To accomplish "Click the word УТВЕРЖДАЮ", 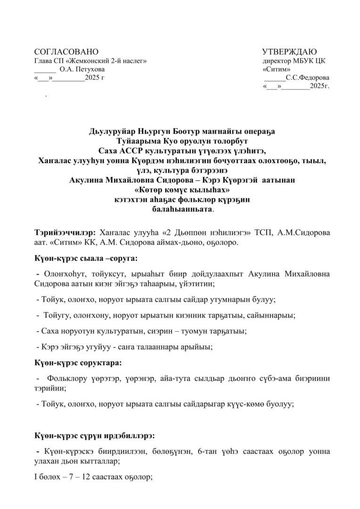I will pos(289,52).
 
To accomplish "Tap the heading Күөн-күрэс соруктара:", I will pos(78,364).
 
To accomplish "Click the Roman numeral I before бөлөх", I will pos(36,477).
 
